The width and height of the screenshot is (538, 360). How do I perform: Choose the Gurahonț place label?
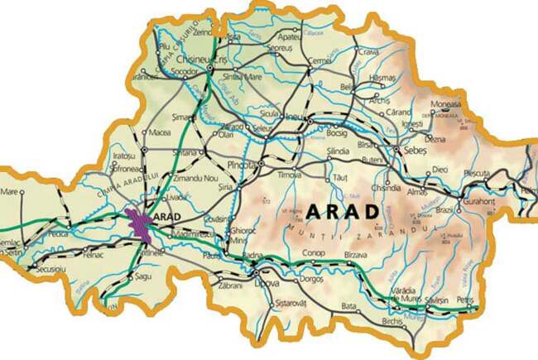(488, 202)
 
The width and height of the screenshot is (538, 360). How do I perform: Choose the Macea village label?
(160, 132)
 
